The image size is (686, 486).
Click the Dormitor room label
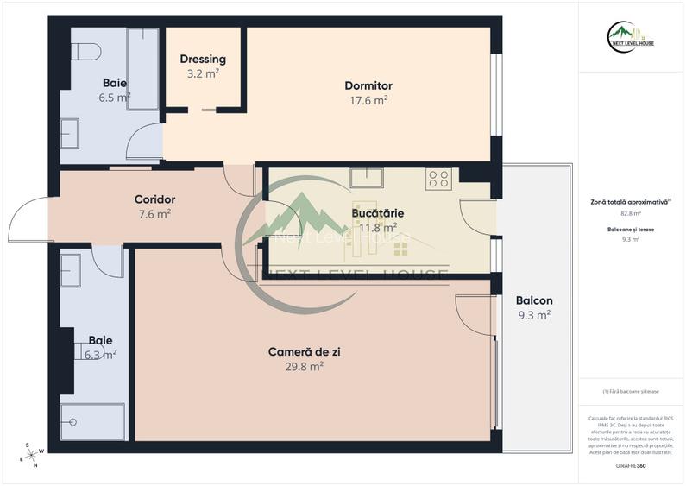click(368, 85)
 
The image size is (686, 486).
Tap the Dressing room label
click(203, 60)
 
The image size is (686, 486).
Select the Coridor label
click(155, 199)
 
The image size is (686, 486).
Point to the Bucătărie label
click(378, 212)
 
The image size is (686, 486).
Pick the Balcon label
click(534, 300)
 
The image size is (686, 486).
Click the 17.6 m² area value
click(368, 100)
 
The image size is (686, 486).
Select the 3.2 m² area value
click(204, 74)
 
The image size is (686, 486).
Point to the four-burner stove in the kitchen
click(438, 179)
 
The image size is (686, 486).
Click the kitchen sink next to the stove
click(367, 178)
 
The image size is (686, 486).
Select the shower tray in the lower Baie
click(92, 421)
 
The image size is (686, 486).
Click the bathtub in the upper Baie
click(142, 68)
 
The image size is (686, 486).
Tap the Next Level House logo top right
click(631, 38)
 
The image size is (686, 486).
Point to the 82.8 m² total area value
click(632, 212)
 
